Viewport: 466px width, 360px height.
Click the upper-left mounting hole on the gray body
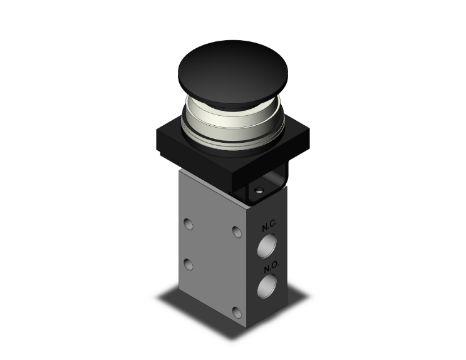click(189, 223)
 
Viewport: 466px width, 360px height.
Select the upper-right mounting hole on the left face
click(236, 232)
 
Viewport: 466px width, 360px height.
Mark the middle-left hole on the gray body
click(189, 264)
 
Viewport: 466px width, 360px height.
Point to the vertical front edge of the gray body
click(246, 263)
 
